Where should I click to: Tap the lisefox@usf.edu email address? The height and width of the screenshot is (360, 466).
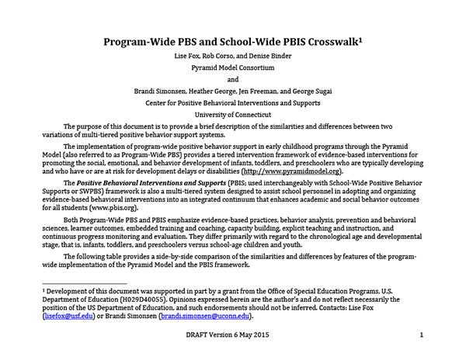64,316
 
